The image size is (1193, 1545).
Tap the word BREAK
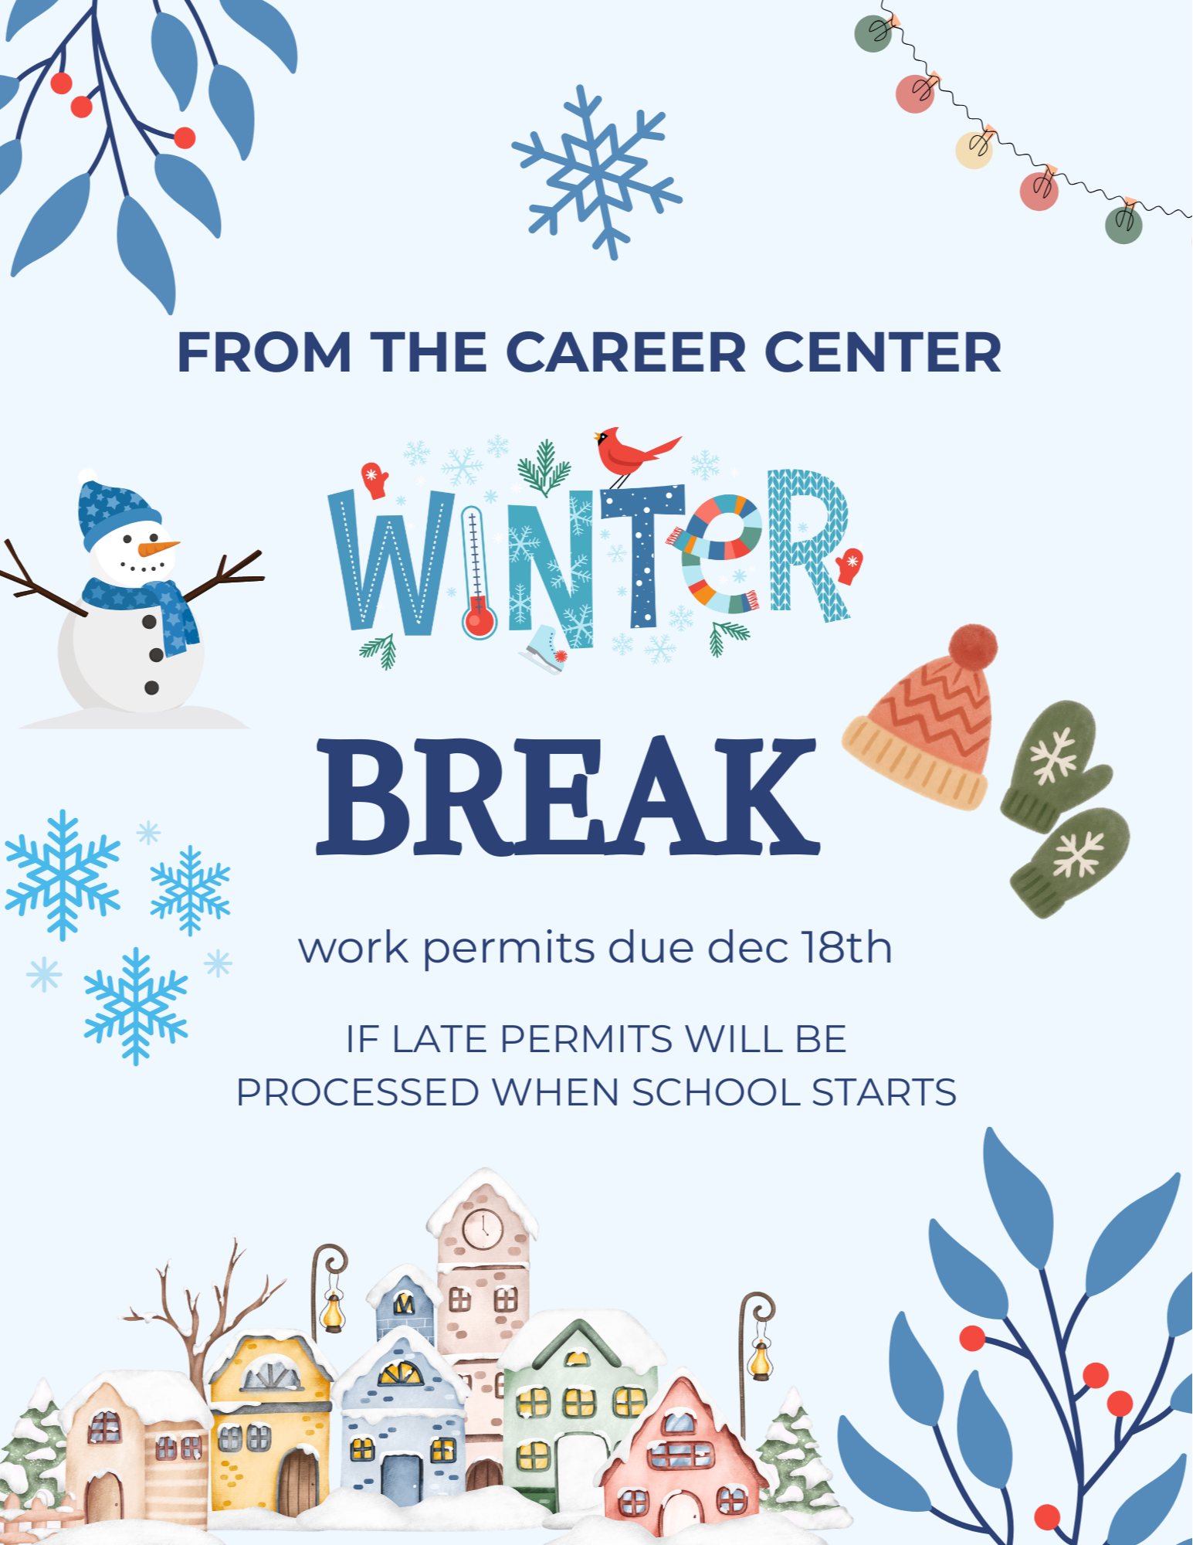pos(568,797)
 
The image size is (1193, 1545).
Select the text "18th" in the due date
pos(846,947)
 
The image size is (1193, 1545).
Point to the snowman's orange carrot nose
pos(158,548)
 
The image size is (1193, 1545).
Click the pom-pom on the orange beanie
pos(973,647)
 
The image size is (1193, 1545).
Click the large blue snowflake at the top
pos(597,172)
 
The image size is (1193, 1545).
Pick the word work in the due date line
pos(354,948)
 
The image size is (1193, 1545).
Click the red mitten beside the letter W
pos(375,480)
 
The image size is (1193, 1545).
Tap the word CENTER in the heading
pos(883,352)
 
